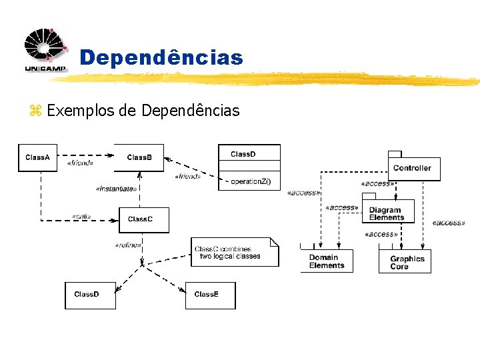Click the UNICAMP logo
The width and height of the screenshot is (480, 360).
click(46, 51)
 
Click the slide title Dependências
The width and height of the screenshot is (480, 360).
click(161, 58)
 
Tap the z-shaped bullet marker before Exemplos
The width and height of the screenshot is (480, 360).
click(35, 111)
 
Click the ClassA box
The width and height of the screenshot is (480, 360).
click(37, 157)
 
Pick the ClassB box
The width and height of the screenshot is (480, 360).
click(139, 157)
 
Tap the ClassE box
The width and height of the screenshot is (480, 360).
click(210, 295)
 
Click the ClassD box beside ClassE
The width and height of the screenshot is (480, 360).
click(90, 295)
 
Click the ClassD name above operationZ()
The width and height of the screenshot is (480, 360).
click(243, 154)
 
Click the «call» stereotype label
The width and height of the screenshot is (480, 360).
click(81, 217)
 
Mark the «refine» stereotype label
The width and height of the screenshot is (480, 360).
click(127, 245)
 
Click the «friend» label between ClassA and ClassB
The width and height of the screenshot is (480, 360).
click(80, 163)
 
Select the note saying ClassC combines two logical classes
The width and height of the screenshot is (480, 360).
click(233, 253)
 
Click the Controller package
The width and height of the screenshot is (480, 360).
click(413, 168)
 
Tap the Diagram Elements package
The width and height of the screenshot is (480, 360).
click(387, 213)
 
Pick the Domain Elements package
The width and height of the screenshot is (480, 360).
click(326, 261)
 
